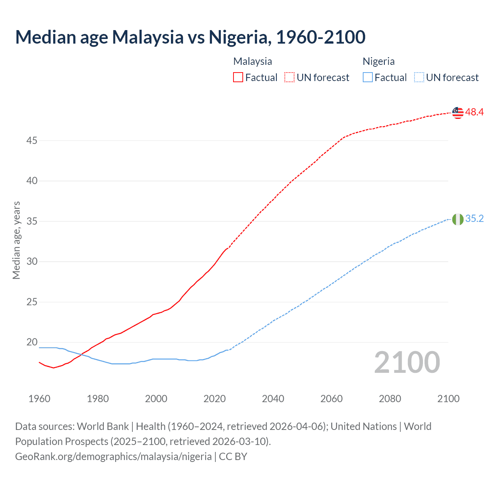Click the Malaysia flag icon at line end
pyautogui.click(x=457, y=113)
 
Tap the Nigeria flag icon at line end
pyautogui.click(x=457, y=219)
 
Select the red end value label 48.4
pyautogui.click(x=474, y=112)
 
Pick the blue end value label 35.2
pyautogui.click(x=474, y=219)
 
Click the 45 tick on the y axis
pyautogui.click(x=32, y=141)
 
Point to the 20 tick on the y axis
pyautogui.click(x=32, y=342)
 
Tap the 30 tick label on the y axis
pyautogui.click(x=32, y=262)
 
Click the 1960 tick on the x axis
pyautogui.click(x=39, y=399)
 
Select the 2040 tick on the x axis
pyautogui.click(x=273, y=399)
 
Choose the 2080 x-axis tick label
pyautogui.click(x=390, y=399)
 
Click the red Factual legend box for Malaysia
pyautogui.click(x=238, y=78)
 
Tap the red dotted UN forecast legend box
pyautogui.click(x=289, y=78)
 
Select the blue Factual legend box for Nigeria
pyautogui.click(x=368, y=78)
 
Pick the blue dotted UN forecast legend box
pyautogui.click(x=419, y=78)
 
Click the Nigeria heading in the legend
pyautogui.click(x=379, y=61)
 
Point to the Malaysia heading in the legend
pyautogui.click(x=252, y=61)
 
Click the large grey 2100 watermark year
pyautogui.click(x=407, y=362)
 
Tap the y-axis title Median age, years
pyautogui.click(x=16, y=240)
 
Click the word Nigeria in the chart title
pyautogui.click(x=238, y=37)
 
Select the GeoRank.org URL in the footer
pyautogui.click(x=113, y=457)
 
